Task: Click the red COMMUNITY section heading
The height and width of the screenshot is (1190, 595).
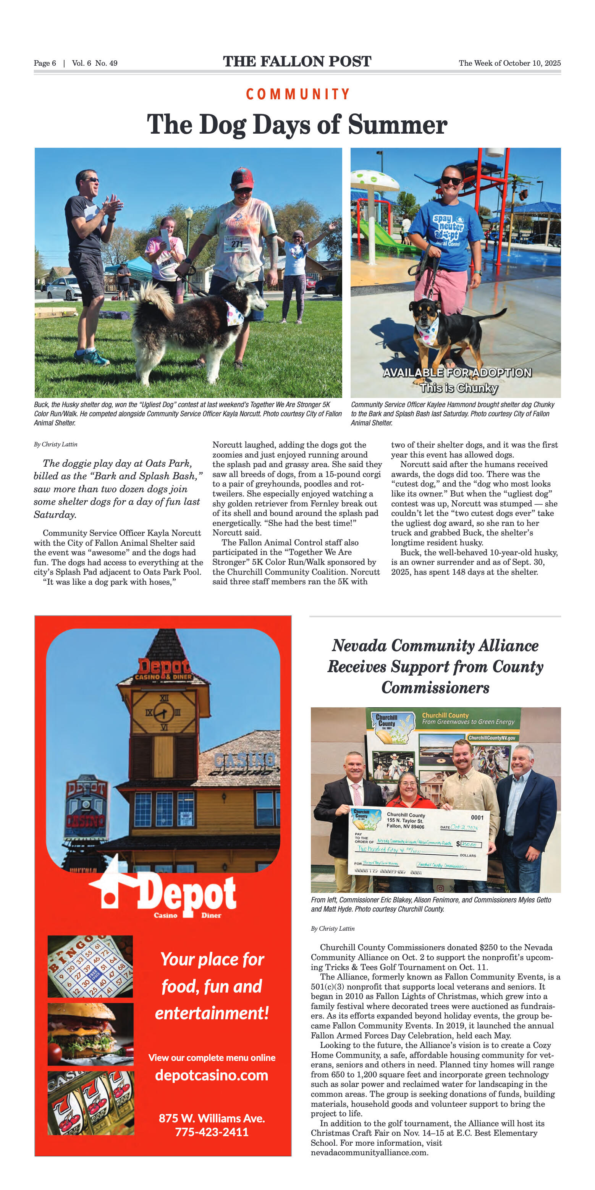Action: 297,94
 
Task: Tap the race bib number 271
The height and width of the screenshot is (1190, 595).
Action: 237,243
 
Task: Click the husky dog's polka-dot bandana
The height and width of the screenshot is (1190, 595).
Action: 234,313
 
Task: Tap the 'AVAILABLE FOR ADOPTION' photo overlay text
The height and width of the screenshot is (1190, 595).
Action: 457,372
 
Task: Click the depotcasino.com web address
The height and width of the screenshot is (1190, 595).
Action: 212,1075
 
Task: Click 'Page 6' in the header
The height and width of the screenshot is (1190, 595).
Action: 45,63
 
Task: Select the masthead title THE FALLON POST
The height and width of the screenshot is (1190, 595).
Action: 297,61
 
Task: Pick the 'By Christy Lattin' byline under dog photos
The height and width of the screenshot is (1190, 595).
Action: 55,445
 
